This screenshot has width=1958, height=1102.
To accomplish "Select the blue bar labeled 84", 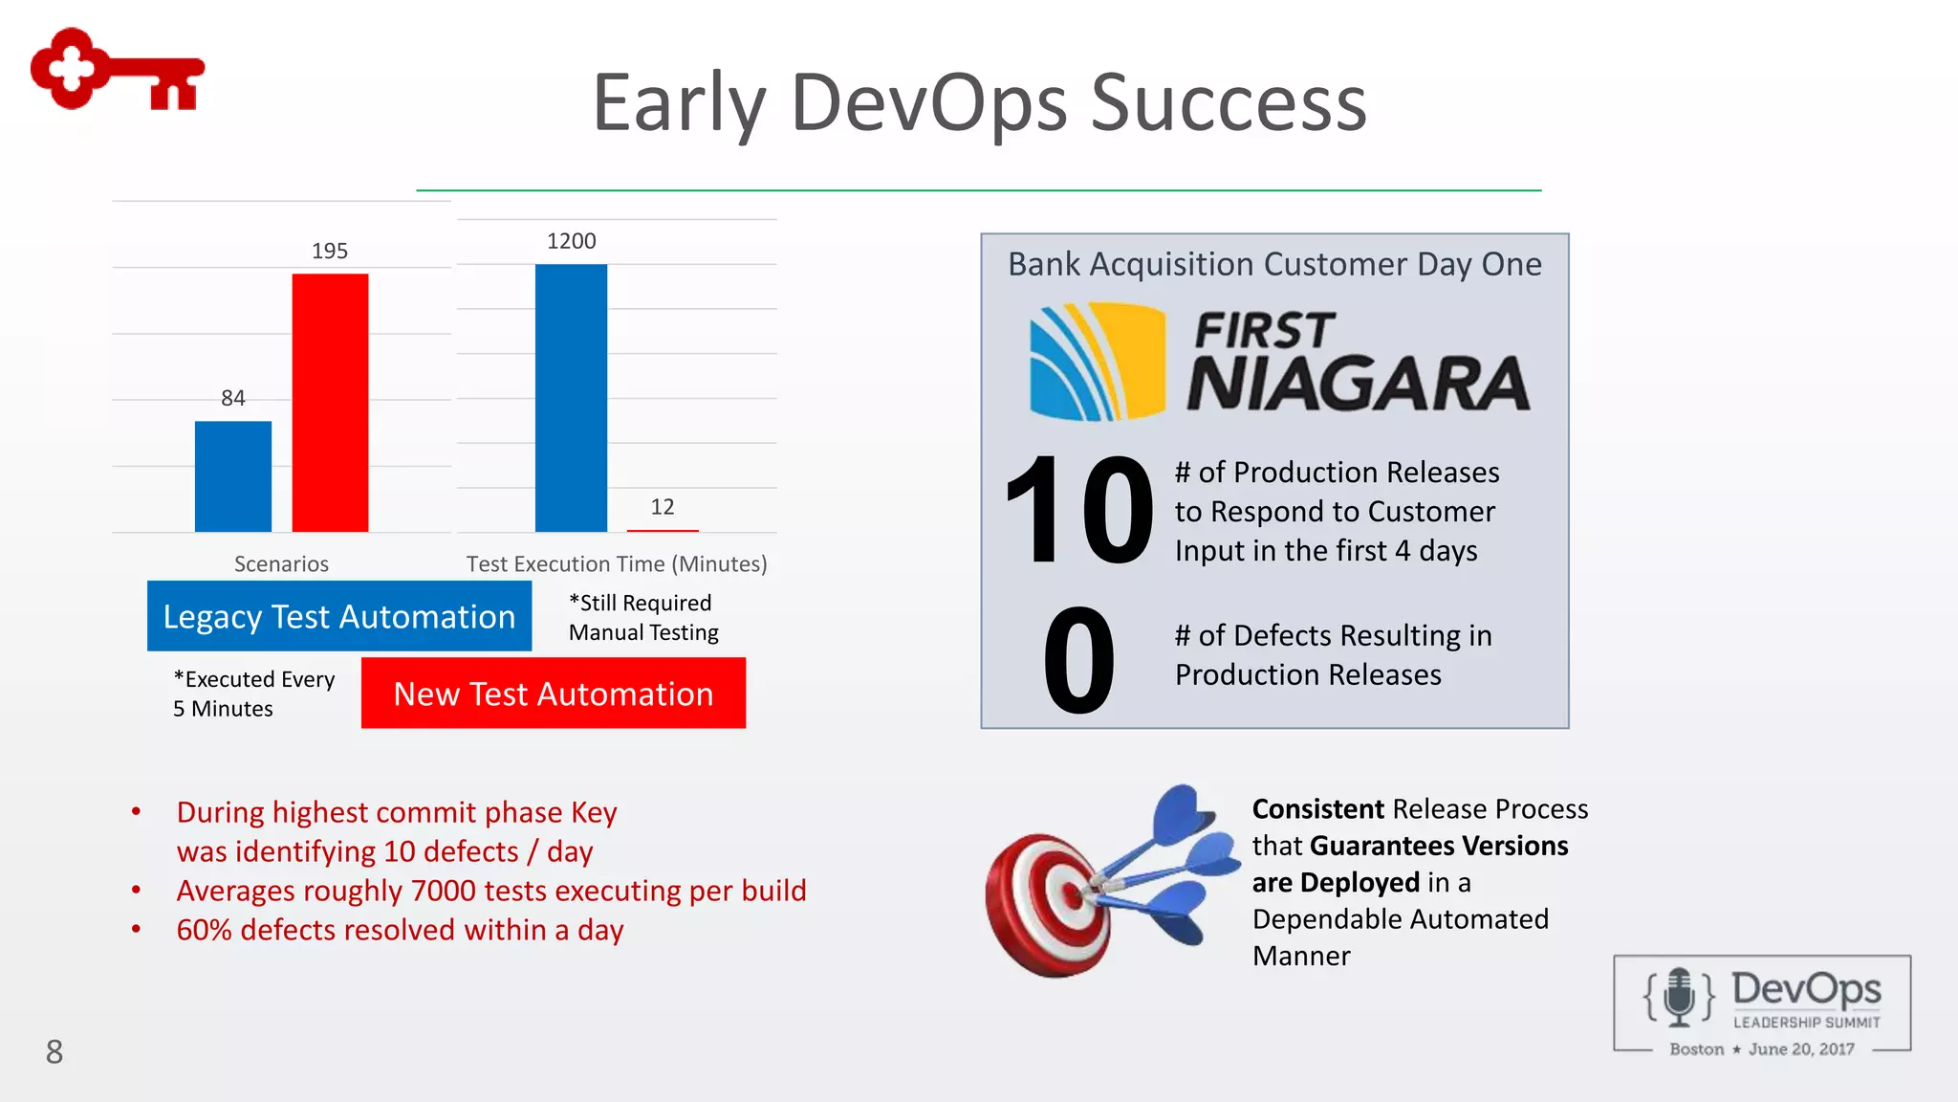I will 232,475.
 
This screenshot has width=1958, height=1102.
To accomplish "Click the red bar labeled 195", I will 330,402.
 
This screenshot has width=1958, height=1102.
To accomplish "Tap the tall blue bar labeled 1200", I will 571,397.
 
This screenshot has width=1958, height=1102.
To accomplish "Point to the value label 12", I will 663,507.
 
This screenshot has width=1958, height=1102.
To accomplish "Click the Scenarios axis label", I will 281,564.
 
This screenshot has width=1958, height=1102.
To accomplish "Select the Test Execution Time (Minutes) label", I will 617,564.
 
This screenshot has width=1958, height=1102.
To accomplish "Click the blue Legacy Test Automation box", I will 339,616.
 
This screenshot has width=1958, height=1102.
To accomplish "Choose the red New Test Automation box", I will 553,694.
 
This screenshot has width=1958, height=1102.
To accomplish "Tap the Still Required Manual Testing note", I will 643,618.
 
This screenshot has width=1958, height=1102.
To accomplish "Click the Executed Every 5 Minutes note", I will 253,694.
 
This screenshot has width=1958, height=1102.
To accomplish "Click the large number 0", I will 1078,662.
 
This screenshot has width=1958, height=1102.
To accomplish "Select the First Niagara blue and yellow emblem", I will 1097,362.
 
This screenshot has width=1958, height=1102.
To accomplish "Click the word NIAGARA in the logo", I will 1358,385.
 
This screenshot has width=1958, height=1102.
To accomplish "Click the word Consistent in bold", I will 1317,809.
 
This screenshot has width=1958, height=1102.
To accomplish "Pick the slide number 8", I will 54,1052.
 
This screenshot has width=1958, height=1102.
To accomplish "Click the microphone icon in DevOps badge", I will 1679,996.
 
